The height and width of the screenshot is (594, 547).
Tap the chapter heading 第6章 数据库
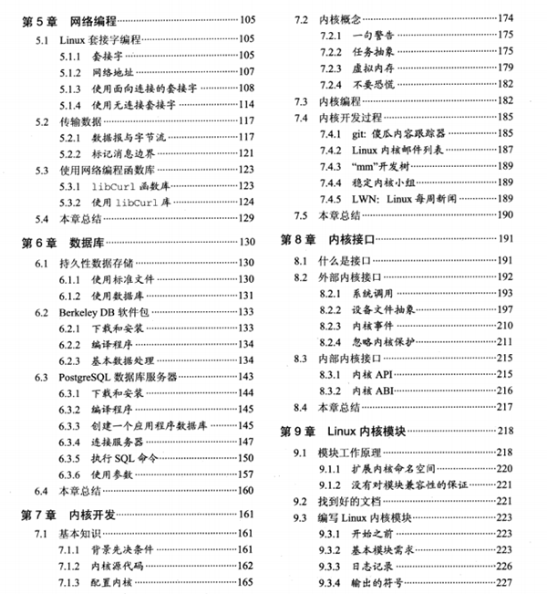pyautogui.click(x=59, y=244)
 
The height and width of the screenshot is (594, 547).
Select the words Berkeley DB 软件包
pyautogui.click(x=101, y=311)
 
